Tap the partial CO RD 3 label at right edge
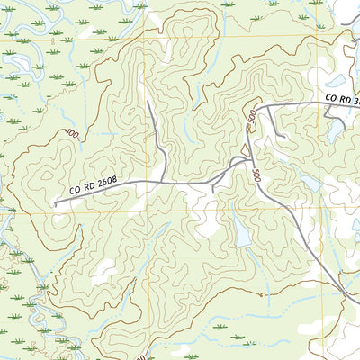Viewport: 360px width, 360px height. click(342, 99)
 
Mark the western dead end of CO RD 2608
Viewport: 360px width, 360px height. click(55, 204)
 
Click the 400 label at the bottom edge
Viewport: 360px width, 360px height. click(142, 355)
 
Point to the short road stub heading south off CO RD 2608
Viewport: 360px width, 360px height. click(212, 189)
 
